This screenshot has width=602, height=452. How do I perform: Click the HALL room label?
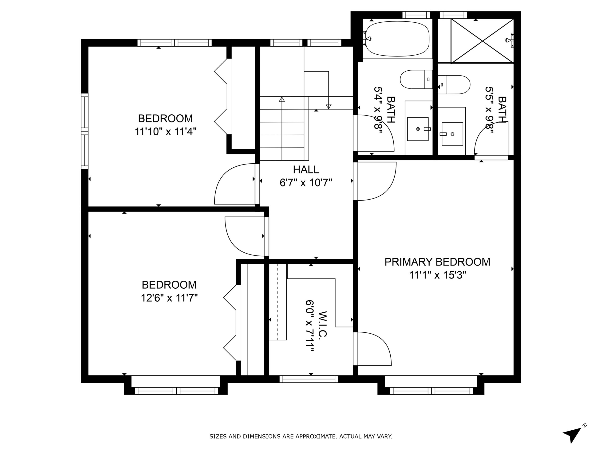coord(306,170)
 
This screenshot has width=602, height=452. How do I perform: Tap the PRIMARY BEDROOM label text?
coord(437,262)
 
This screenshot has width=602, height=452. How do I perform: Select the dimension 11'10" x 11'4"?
coord(166,132)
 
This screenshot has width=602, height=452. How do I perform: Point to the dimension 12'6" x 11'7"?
coord(169,298)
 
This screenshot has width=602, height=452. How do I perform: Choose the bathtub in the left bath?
coord(397,39)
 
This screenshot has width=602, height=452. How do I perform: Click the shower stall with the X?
coord(482,41)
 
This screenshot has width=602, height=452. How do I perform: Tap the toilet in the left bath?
coord(416,79)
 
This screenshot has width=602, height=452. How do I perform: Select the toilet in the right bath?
coord(454,85)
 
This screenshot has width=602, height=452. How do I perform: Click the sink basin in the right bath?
coord(452,134)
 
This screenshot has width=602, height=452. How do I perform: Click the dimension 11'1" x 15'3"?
coord(438,275)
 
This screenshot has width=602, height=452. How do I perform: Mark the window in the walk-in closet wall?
coord(309,379)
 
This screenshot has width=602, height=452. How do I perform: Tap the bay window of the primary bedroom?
coord(431,391)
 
